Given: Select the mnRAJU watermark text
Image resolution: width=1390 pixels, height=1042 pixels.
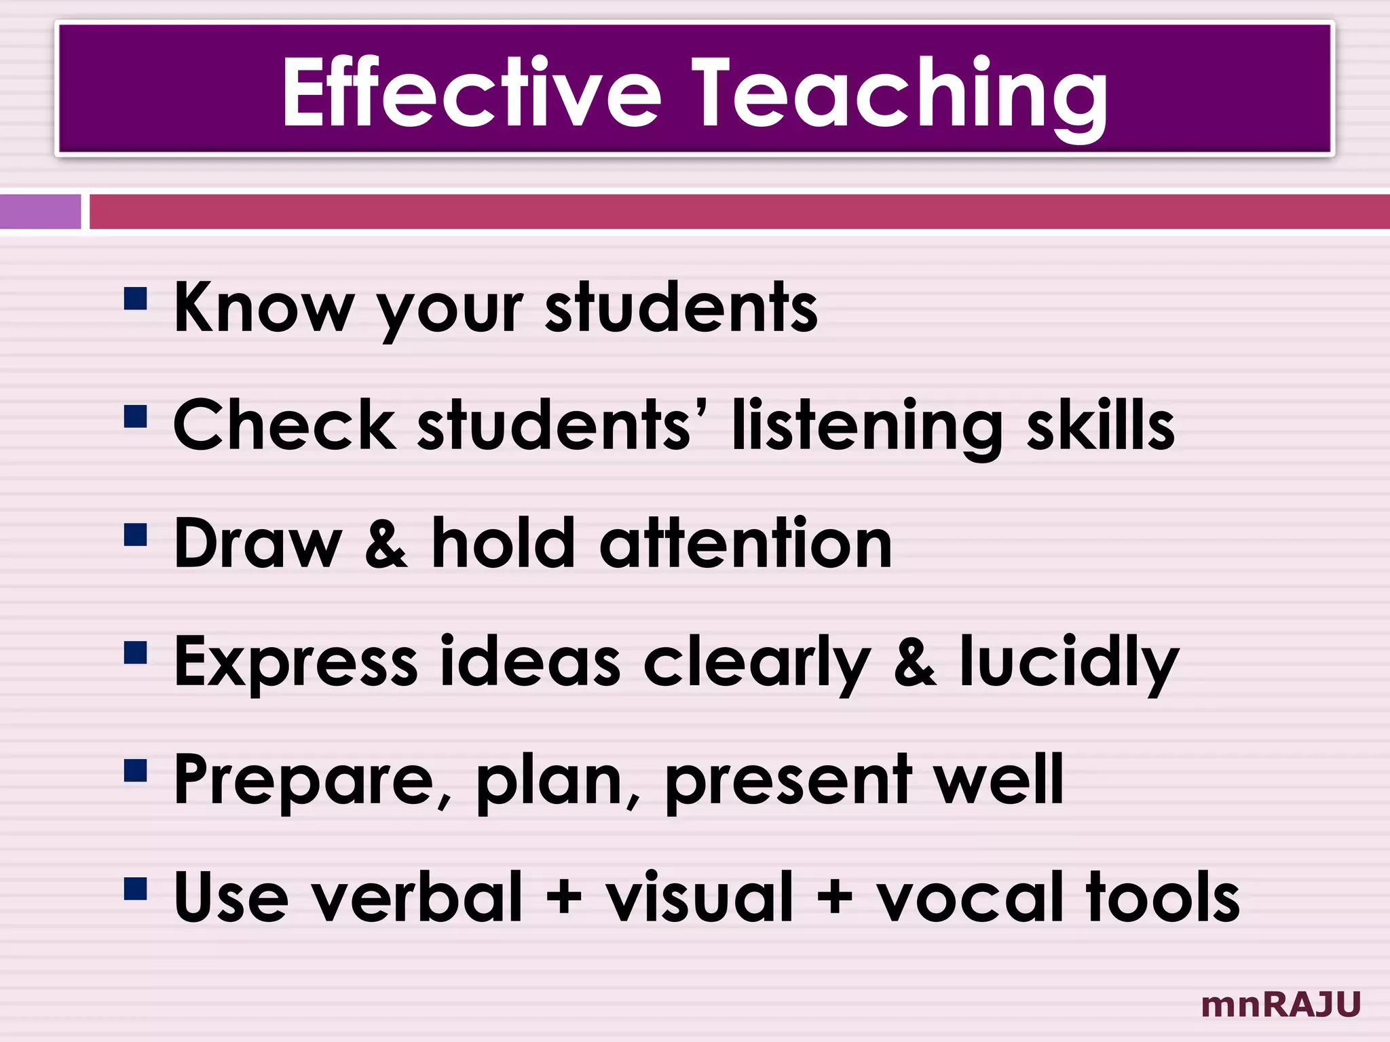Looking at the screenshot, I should coord(1281,1005).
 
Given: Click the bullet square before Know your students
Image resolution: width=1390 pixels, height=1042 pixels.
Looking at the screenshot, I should coord(136,298).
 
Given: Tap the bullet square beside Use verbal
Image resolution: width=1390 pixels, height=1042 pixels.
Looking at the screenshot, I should coord(136,888).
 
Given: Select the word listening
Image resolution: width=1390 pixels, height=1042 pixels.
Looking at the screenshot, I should coord(866,427).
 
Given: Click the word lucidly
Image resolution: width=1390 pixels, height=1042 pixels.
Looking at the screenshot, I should coord(1069,663).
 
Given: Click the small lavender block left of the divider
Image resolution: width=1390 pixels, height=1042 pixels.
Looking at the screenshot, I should coord(40,212).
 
